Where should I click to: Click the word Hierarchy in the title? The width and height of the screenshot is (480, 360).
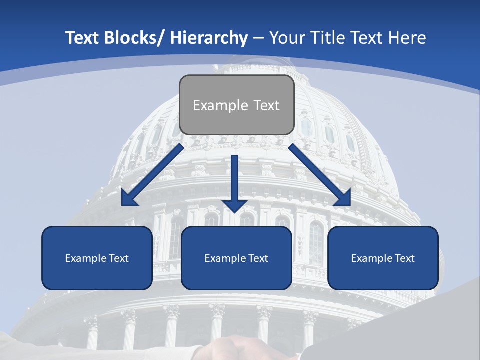coord(209,38)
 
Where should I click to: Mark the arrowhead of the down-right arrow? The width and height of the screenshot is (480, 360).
coord(344,199)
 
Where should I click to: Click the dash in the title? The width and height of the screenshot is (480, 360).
coord(258,38)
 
